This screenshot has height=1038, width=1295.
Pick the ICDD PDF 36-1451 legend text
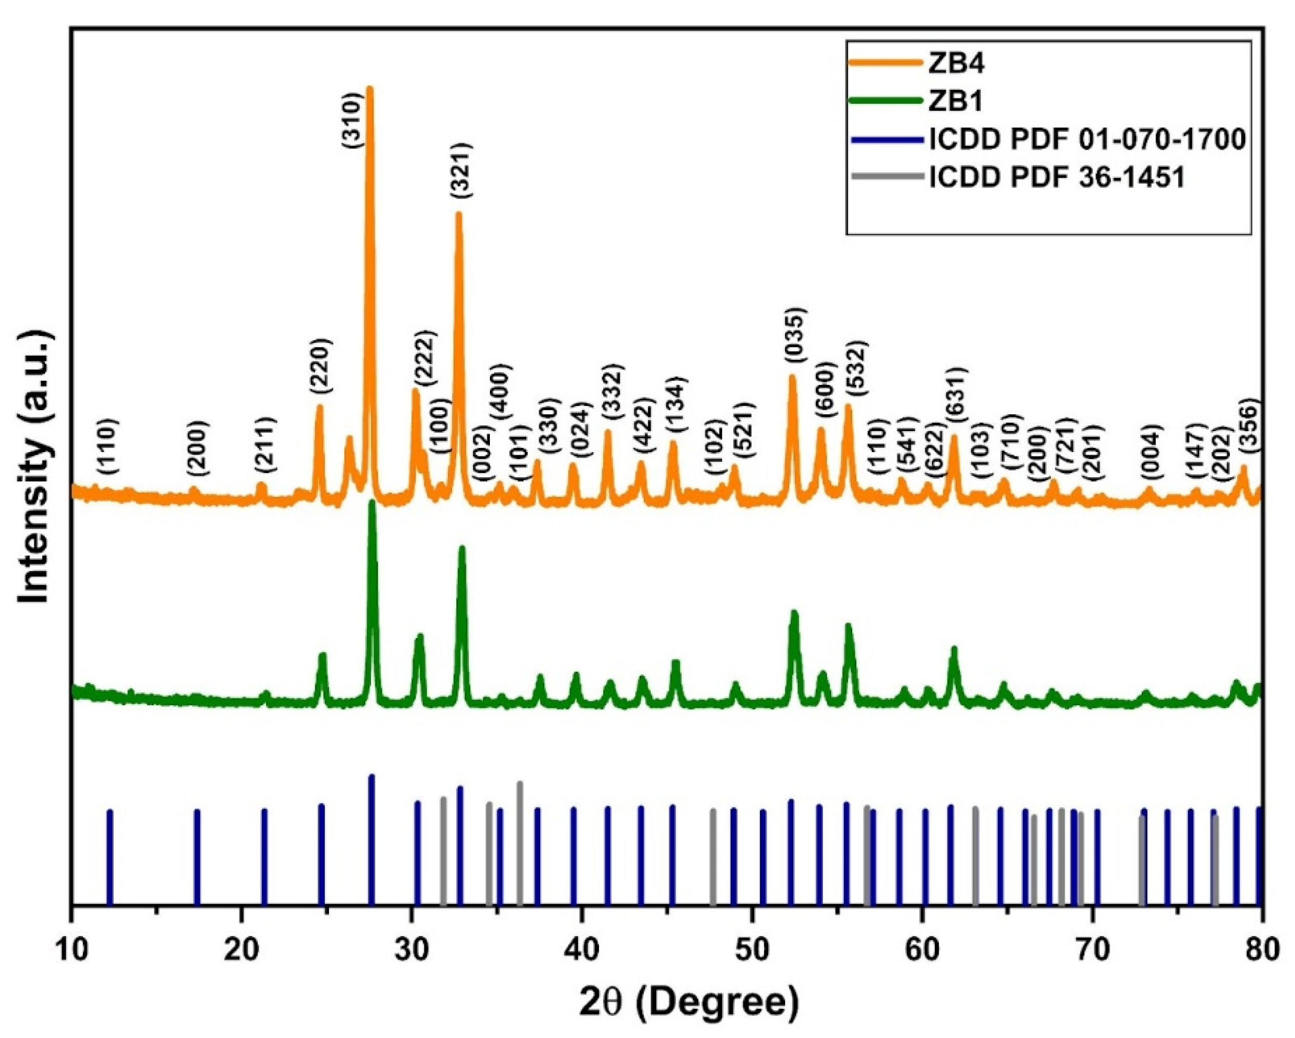[1057, 178]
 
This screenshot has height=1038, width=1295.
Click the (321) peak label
[462, 170]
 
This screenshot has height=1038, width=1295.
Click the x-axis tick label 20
[241, 938]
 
